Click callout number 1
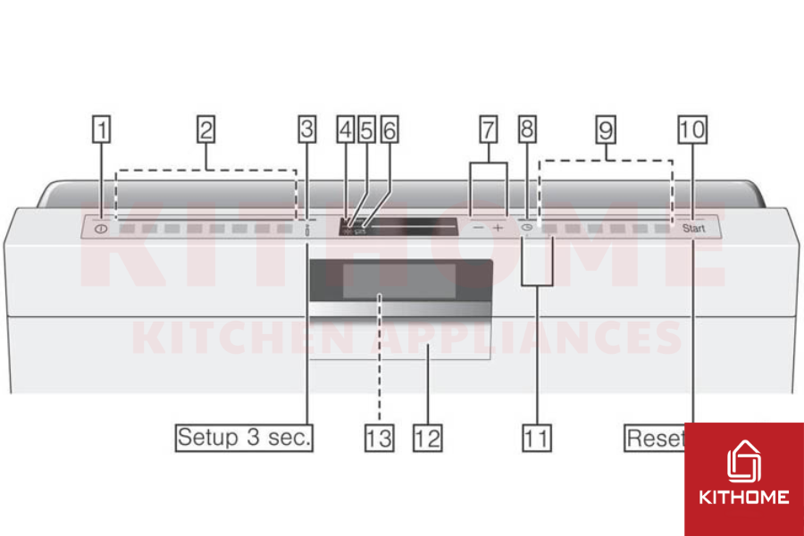[104, 130]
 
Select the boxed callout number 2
[205, 130]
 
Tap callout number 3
[306, 130]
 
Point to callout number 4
[346, 130]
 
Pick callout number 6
[388, 130]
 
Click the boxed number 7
[489, 130]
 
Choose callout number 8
[527, 130]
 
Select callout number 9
[607, 130]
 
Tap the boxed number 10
[691, 130]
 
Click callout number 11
[537, 439]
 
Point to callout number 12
[428, 439]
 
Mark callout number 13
[379, 439]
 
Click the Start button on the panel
[694, 229]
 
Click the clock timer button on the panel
[527, 229]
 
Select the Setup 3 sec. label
[244, 439]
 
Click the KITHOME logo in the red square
[743, 478]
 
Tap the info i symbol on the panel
[307, 230]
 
